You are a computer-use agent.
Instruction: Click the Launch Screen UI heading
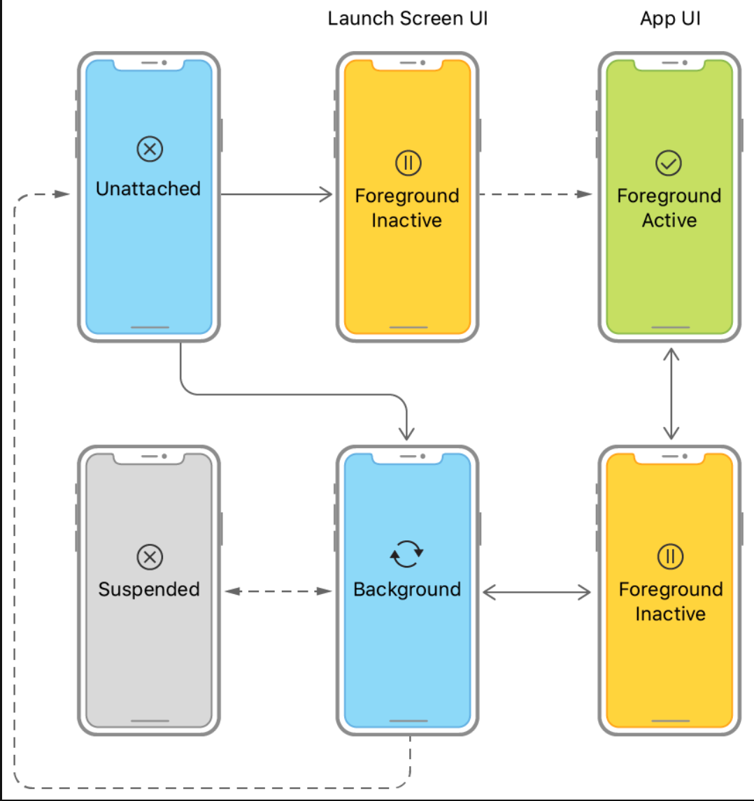pos(408,19)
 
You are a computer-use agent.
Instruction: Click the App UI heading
pos(669,19)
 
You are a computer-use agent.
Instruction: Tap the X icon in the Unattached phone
pos(148,148)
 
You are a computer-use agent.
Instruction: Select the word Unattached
pos(148,189)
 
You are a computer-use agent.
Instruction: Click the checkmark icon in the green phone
pos(668,164)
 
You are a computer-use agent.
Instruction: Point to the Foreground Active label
pos(669,208)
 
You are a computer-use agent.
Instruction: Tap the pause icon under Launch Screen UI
pos(408,164)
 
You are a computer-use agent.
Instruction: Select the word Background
pos(407,589)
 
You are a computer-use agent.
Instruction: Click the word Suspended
pos(148,589)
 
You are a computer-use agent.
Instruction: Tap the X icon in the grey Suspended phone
pos(148,557)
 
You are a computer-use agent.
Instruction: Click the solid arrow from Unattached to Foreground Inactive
pos(277,194)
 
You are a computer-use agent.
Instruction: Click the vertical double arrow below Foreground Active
pos(671,394)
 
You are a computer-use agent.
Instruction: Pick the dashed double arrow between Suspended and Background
pos(278,591)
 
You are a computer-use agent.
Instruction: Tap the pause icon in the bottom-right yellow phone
pos(669,557)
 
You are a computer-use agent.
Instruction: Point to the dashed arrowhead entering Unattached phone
pos(62,194)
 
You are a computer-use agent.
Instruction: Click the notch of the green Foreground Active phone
pos(669,64)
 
